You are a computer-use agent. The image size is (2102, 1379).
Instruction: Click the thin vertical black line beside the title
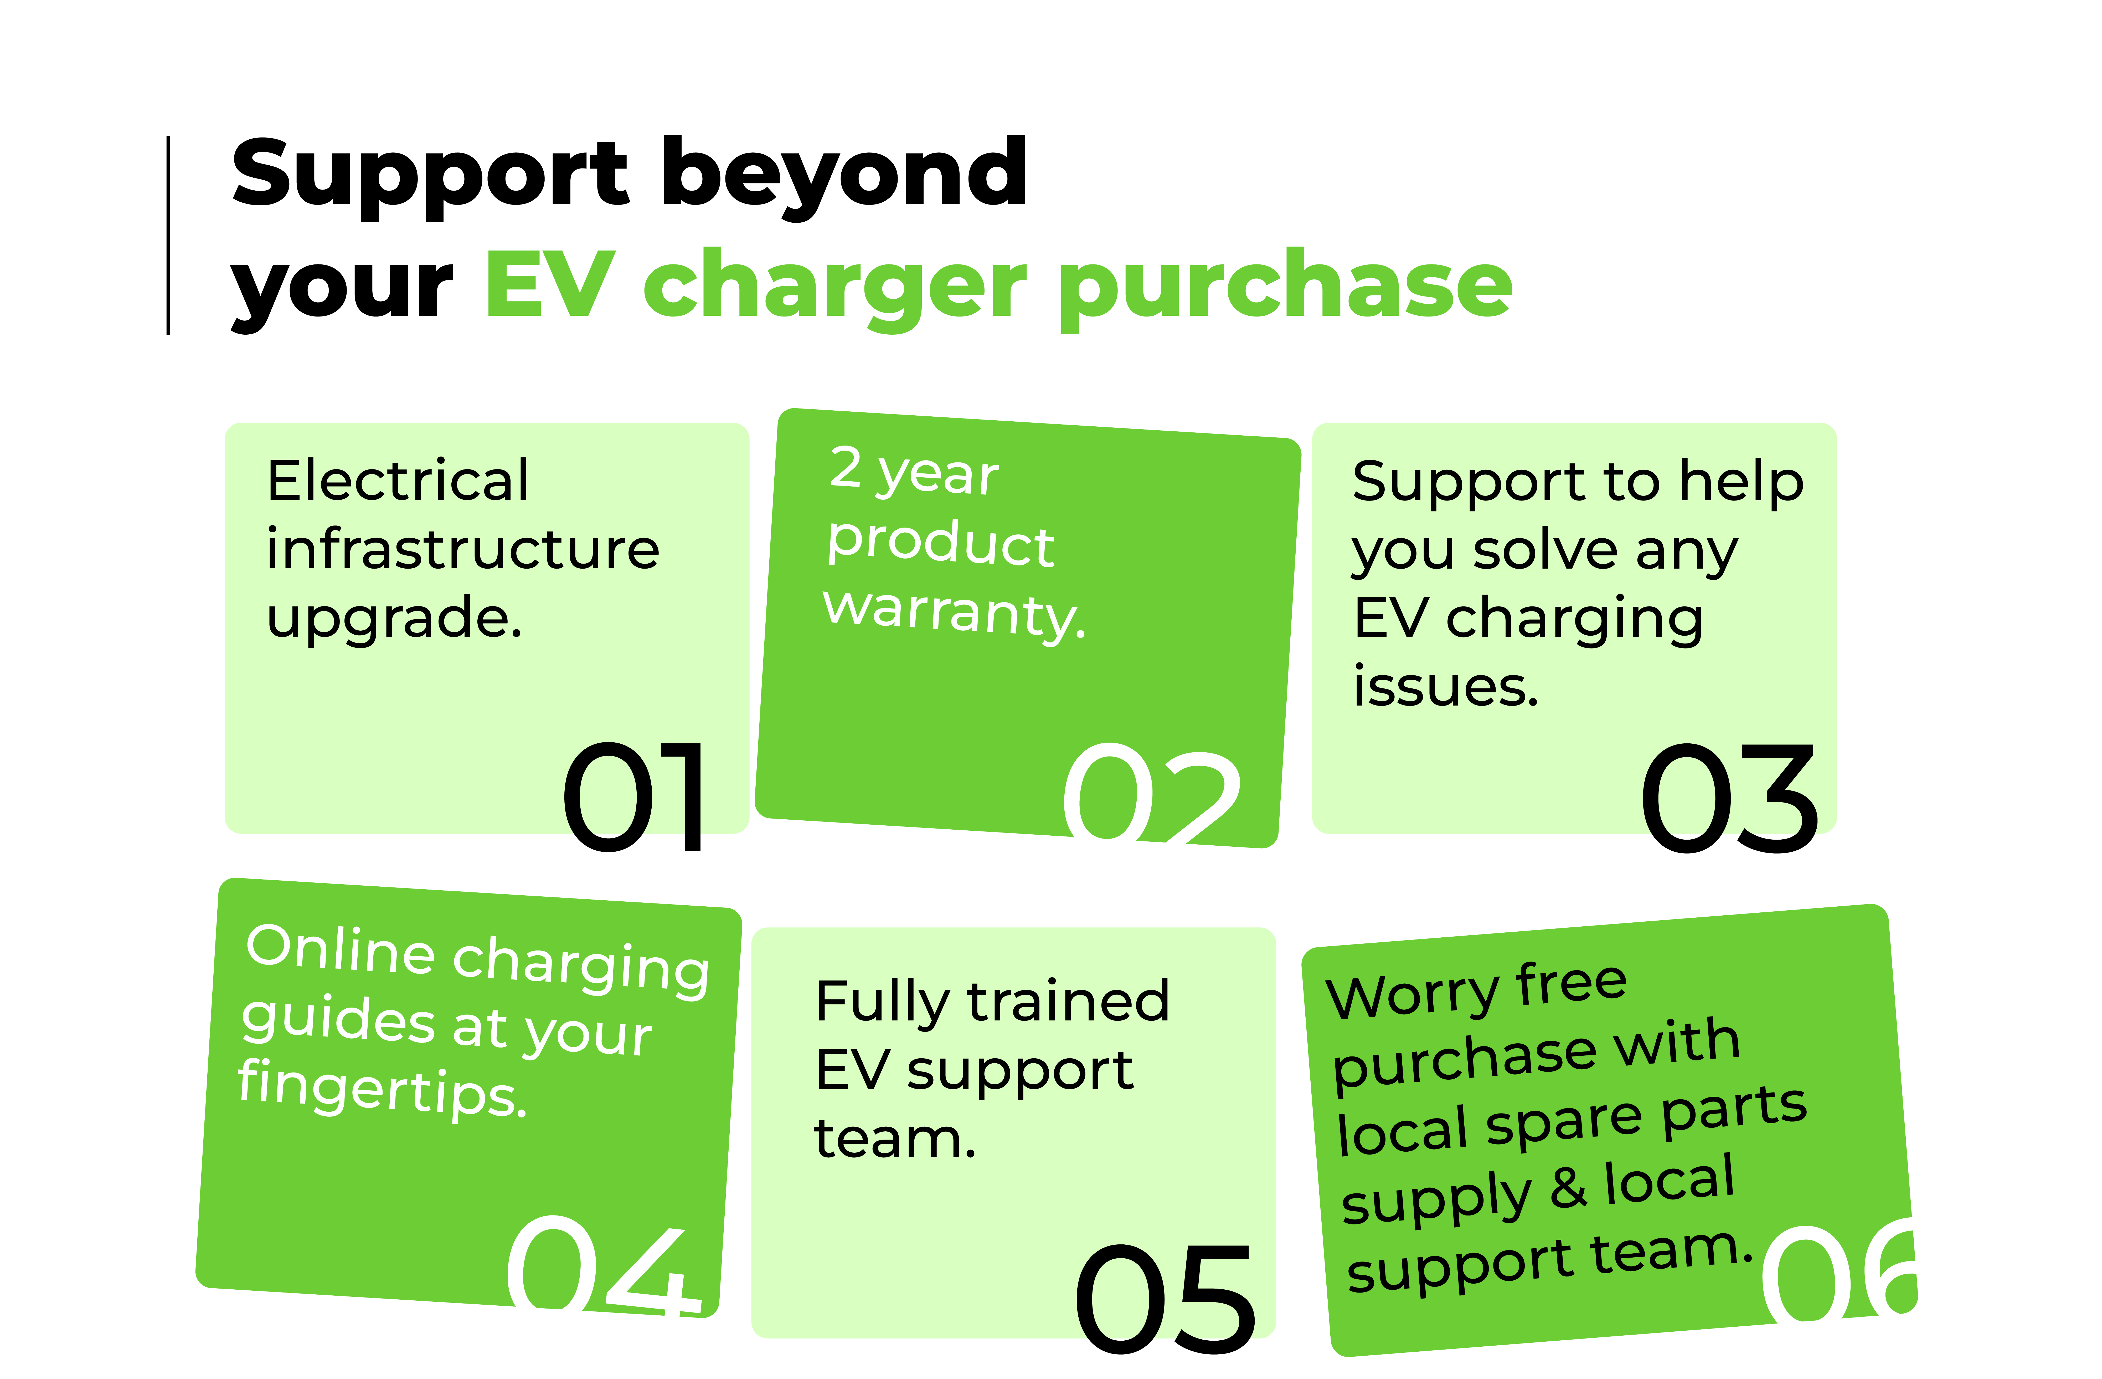coord(168,236)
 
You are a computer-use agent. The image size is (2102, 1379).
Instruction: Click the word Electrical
coord(398,482)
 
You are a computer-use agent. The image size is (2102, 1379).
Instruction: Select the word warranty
coord(954,612)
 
